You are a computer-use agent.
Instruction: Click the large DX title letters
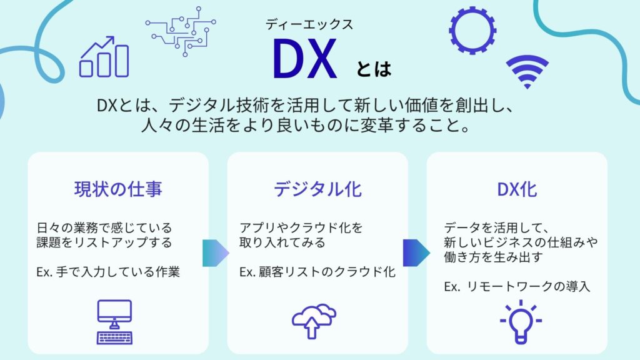(x=305, y=58)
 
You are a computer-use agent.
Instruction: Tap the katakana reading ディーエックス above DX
(x=309, y=24)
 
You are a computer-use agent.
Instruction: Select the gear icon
(x=472, y=30)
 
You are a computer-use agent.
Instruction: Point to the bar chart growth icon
(x=104, y=57)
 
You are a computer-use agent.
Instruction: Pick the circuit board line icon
(x=181, y=31)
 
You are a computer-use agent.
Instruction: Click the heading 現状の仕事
(x=118, y=189)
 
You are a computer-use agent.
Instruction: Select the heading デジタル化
(x=317, y=189)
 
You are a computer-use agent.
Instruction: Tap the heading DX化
(x=517, y=189)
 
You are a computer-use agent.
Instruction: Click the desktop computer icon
(x=115, y=322)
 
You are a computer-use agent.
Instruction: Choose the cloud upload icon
(x=314, y=321)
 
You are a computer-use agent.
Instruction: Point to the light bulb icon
(x=521, y=322)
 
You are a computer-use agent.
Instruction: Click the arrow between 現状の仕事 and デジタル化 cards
(x=216, y=253)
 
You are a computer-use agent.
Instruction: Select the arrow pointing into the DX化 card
(x=416, y=253)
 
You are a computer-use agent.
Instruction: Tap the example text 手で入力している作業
(x=118, y=272)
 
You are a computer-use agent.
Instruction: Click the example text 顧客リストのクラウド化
(x=327, y=272)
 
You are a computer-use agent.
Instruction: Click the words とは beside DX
(x=374, y=69)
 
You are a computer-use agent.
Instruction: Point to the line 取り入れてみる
(x=282, y=242)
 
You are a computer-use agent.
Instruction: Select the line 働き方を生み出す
(x=494, y=257)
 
